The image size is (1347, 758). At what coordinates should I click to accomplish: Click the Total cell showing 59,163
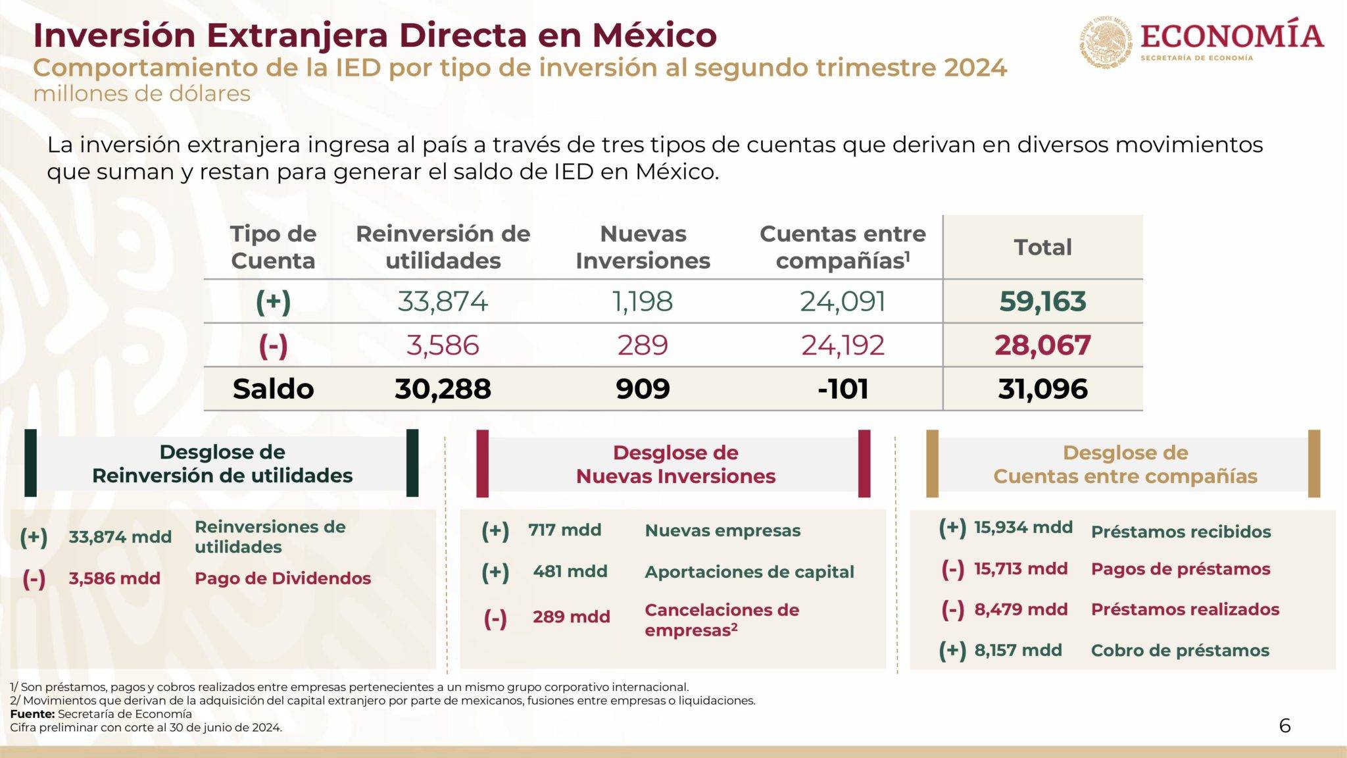[x=1042, y=301]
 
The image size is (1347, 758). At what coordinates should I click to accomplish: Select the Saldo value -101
[x=843, y=389]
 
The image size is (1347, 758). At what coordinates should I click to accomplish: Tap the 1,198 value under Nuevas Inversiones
[x=643, y=301]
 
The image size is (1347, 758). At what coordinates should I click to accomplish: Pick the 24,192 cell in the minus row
[x=843, y=345]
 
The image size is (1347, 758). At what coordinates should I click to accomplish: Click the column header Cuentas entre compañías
[x=843, y=247]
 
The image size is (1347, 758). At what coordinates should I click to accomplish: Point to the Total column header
[x=1042, y=247]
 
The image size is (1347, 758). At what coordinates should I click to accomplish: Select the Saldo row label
[x=273, y=389]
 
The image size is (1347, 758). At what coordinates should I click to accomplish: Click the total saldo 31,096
[x=1042, y=389]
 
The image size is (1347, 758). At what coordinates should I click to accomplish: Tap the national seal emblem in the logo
[x=1106, y=41]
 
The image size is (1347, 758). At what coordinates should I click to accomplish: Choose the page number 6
[x=1285, y=726]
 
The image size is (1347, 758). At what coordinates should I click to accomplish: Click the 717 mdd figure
[x=564, y=530]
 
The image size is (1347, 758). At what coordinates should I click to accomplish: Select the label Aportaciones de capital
[x=749, y=572]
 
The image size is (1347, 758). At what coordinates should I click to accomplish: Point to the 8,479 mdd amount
[x=1021, y=609]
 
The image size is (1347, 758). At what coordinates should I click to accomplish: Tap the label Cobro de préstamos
[x=1180, y=651]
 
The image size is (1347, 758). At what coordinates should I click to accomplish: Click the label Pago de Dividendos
[x=283, y=578]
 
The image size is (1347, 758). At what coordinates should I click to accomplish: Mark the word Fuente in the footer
[x=32, y=714]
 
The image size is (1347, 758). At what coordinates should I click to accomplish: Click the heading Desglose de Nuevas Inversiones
[x=675, y=465]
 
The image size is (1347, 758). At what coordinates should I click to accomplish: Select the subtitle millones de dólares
[x=141, y=94]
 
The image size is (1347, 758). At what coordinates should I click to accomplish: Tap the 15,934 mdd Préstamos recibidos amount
[x=1023, y=527]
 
